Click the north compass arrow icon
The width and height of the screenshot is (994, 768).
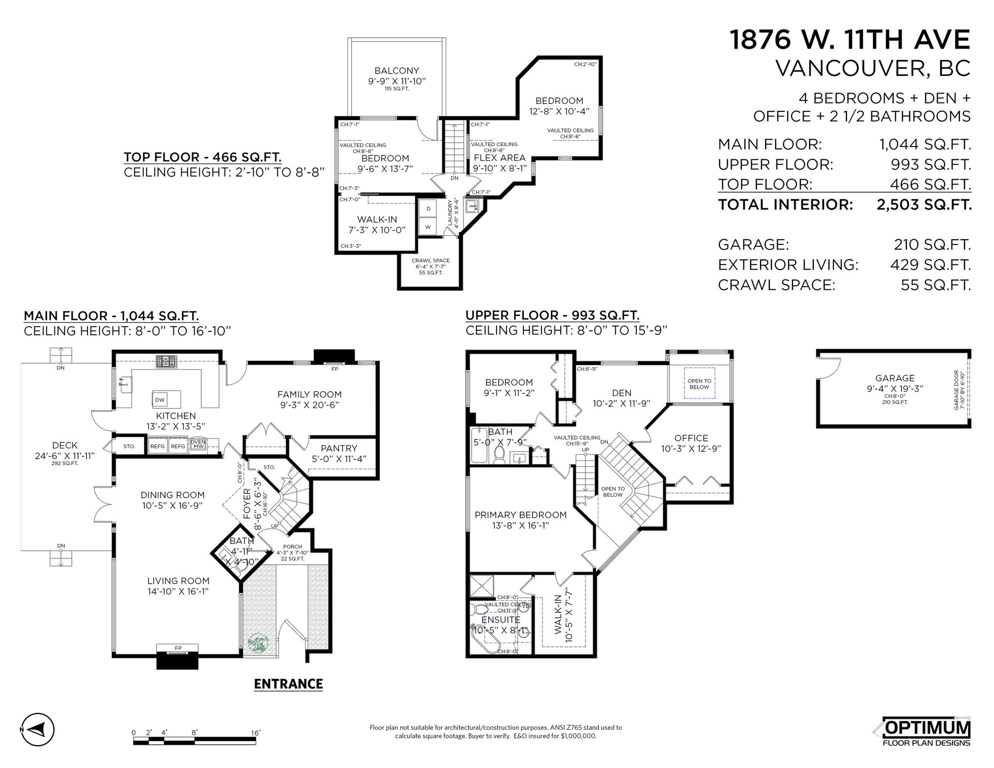point(37,730)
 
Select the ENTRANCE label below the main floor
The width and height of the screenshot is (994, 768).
point(288,684)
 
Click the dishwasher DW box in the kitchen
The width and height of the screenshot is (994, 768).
point(160,400)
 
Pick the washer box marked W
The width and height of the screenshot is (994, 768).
point(428,227)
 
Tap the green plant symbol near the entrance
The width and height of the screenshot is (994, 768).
point(258,644)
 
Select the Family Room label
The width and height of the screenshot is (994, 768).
point(310,394)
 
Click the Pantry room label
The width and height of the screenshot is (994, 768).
point(339,448)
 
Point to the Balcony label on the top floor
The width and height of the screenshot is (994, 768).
point(397,71)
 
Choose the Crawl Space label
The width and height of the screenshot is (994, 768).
point(431,261)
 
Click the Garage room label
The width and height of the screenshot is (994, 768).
point(895,378)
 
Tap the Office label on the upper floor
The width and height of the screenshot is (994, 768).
point(691,438)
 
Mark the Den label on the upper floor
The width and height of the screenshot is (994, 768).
point(621,393)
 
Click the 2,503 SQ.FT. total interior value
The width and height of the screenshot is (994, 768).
point(924,205)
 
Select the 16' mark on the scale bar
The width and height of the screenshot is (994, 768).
point(256,733)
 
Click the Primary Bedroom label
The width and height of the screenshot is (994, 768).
point(521,515)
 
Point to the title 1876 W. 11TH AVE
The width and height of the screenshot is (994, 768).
point(850,40)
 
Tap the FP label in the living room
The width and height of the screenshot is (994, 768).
point(178,648)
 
